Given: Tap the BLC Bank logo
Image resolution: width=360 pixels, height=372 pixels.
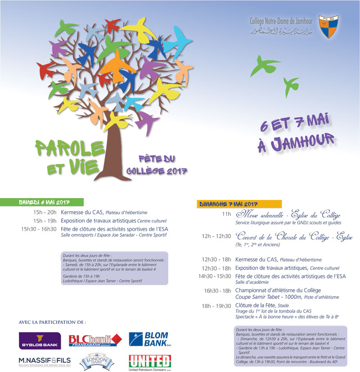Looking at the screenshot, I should [95, 340].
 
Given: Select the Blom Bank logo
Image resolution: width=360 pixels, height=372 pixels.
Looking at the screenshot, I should [148, 340].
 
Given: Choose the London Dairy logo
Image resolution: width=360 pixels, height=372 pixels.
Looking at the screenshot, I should [94, 361].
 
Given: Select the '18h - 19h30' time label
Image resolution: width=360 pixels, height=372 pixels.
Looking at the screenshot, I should [216, 305].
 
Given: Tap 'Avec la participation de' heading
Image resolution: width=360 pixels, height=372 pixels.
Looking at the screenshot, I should [52, 322].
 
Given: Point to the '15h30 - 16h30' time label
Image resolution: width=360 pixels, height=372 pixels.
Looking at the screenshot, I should [38, 229].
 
